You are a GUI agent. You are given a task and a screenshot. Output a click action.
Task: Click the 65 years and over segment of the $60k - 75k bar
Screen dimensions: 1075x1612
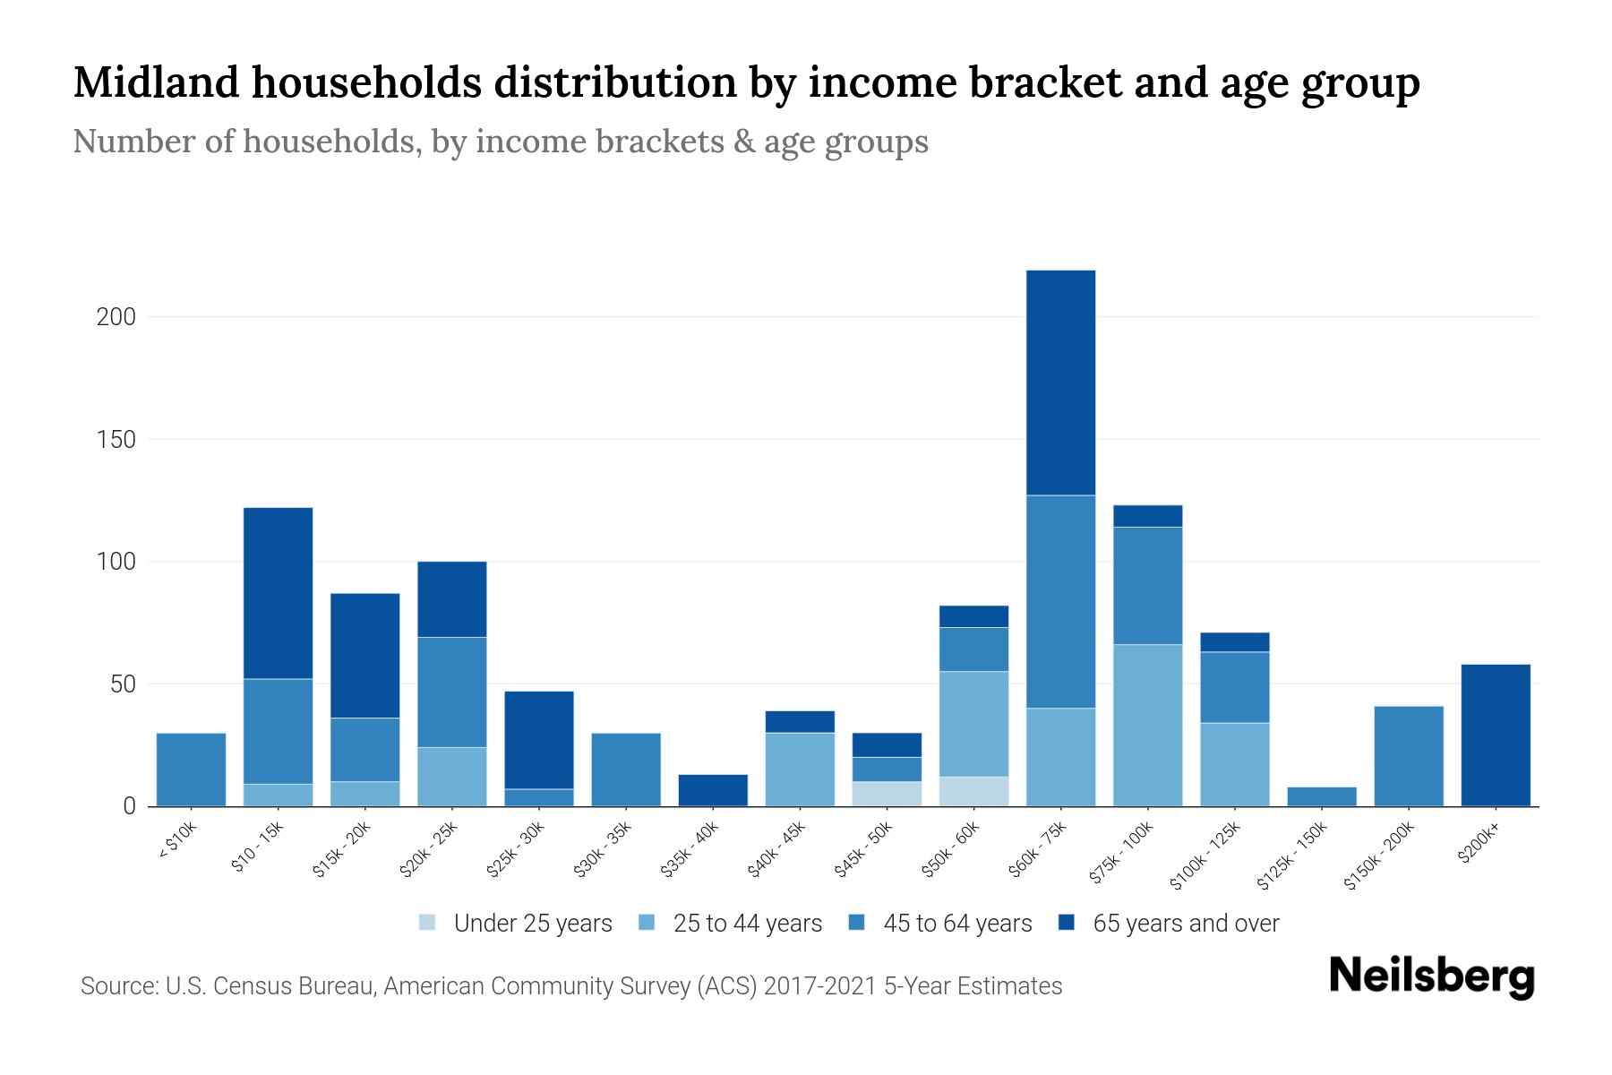click(1060, 383)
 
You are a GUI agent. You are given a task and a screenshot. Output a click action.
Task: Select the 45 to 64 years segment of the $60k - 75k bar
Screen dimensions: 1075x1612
click(1060, 601)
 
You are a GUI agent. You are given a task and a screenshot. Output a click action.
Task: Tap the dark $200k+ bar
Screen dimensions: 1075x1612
click(1495, 735)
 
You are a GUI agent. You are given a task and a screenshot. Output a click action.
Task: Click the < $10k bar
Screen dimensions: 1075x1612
click(191, 770)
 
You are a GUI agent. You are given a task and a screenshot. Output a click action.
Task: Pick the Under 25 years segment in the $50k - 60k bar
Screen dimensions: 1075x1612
click(973, 791)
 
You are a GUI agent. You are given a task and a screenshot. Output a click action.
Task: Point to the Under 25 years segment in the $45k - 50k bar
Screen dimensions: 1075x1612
click(887, 794)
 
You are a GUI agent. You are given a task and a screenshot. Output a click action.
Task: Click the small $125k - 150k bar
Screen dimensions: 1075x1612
click(1321, 796)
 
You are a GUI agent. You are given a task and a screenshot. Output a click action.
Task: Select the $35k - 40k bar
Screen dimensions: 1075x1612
click(713, 790)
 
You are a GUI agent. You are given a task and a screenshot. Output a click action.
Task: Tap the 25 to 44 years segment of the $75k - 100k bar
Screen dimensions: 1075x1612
click(1147, 725)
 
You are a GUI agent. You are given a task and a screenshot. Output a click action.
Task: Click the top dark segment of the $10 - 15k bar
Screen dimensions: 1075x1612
click(278, 593)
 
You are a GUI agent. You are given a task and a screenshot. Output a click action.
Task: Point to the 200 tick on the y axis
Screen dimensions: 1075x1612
click(116, 317)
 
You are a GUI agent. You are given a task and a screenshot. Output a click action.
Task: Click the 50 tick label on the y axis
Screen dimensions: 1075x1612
click(122, 684)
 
